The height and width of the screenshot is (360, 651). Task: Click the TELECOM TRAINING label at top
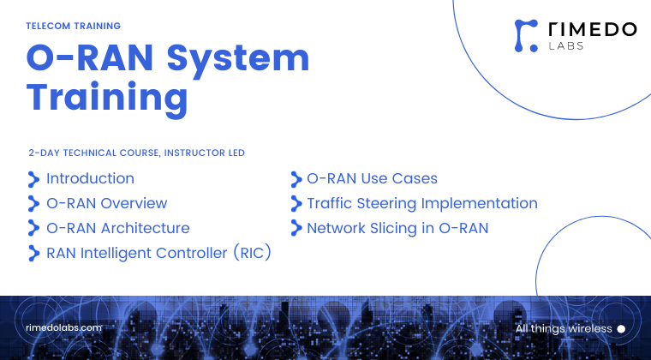(x=73, y=27)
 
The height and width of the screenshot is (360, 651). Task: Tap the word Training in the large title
(x=106, y=98)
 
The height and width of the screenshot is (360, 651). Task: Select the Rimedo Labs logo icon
(x=524, y=34)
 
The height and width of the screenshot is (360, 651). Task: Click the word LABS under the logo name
(x=565, y=46)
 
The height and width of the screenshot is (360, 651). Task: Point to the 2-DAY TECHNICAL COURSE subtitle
(x=136, y=153)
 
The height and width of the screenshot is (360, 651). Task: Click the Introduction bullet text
(x=90, y=179)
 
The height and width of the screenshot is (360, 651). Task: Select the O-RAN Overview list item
(x=106, y=204)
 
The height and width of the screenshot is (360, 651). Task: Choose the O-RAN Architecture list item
(x=117, y=229)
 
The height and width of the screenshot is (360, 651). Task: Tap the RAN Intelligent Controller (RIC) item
(x=158, y=254)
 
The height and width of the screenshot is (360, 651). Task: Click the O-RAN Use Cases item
(x=372, y=179)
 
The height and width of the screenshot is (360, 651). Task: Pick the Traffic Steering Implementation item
(x=421, y=204)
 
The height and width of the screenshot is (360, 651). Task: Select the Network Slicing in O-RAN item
(x=397, y=229)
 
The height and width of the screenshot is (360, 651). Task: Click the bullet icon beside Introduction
(x=33, y=179)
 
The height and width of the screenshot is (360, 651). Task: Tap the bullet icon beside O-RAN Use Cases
(x=295, y=179)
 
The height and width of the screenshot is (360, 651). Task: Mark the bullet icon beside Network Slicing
(x=295, y=229)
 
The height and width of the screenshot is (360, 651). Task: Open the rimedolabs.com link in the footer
(x=64, y=328)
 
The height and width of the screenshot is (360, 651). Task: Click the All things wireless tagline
(x=564, y=329)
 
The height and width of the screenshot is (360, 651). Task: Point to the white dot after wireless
(x=621, y=329)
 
